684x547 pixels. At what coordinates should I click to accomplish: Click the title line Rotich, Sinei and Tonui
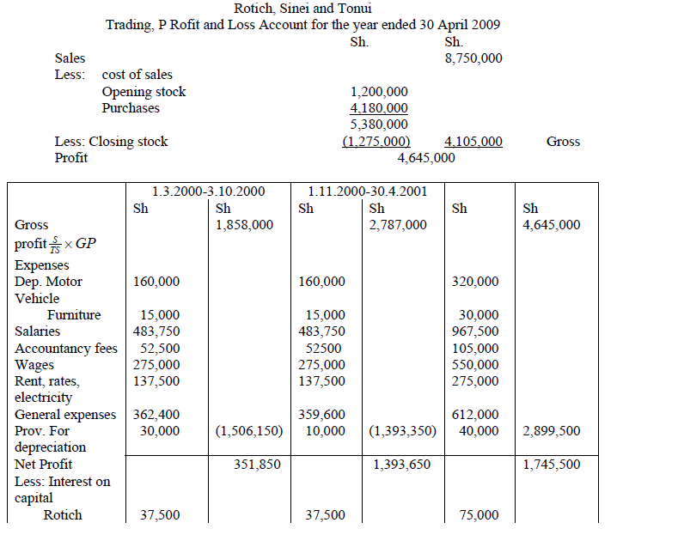click(302, 9)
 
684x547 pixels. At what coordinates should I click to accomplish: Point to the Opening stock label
click(144, 92)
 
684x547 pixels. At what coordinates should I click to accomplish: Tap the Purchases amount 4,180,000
click(379, 108)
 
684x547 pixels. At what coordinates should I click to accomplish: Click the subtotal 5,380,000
click(379, 125)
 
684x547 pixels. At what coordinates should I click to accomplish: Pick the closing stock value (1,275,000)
click(376, 142)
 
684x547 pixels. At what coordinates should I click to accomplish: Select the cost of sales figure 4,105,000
click(473, 142)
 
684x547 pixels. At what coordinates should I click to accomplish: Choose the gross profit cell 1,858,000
click(245, 225)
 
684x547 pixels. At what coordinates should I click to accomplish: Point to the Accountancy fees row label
click(66, 348)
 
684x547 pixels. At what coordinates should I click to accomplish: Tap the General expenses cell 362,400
click(157, 415)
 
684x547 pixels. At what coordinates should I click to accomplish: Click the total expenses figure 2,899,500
click(551, 431)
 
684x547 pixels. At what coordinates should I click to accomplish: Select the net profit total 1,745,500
click(551, 465)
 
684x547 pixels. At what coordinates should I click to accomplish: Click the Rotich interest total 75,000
click(479, 515)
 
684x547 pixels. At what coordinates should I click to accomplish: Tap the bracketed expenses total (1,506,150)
click(249, 431)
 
